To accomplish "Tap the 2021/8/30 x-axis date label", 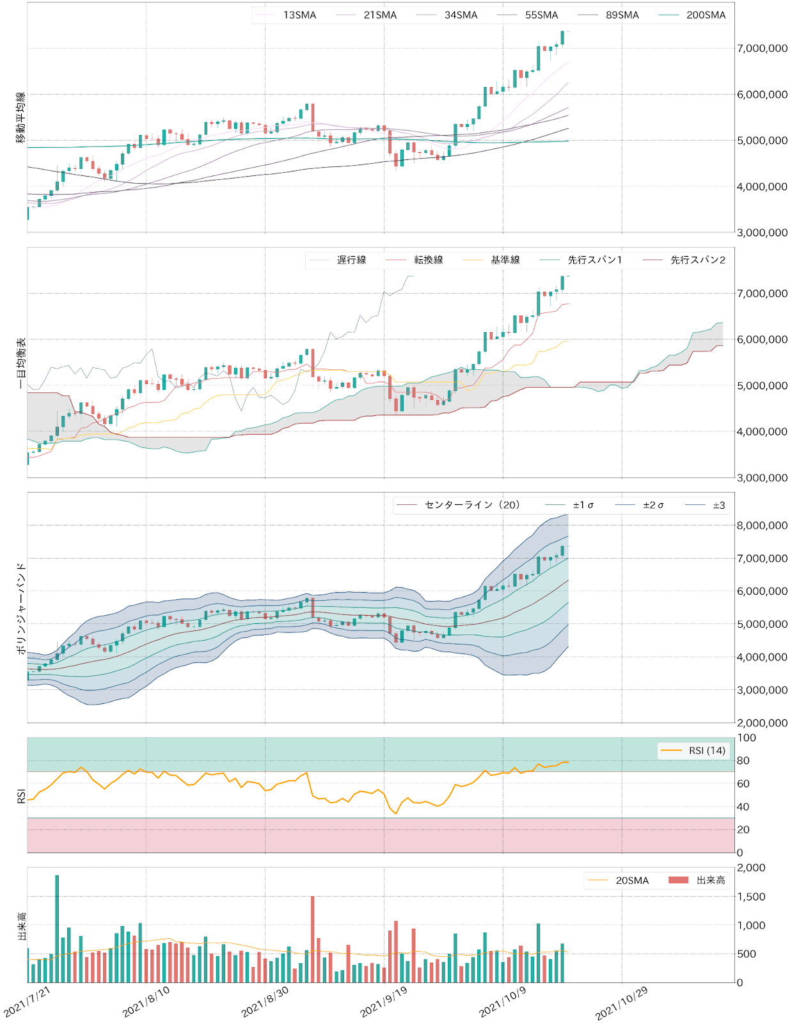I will pos(265,1002).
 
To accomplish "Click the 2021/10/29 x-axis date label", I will pos(621,1003).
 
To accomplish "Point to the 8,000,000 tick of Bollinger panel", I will pos(762,525).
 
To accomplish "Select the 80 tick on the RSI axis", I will pos(743,760).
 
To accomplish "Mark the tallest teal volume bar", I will pos(57,928).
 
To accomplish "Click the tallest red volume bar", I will pos(312,939).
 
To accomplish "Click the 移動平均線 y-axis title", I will pos(21,117).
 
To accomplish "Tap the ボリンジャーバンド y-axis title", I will pos(21,608).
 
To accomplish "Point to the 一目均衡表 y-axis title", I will pos(21,363).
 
